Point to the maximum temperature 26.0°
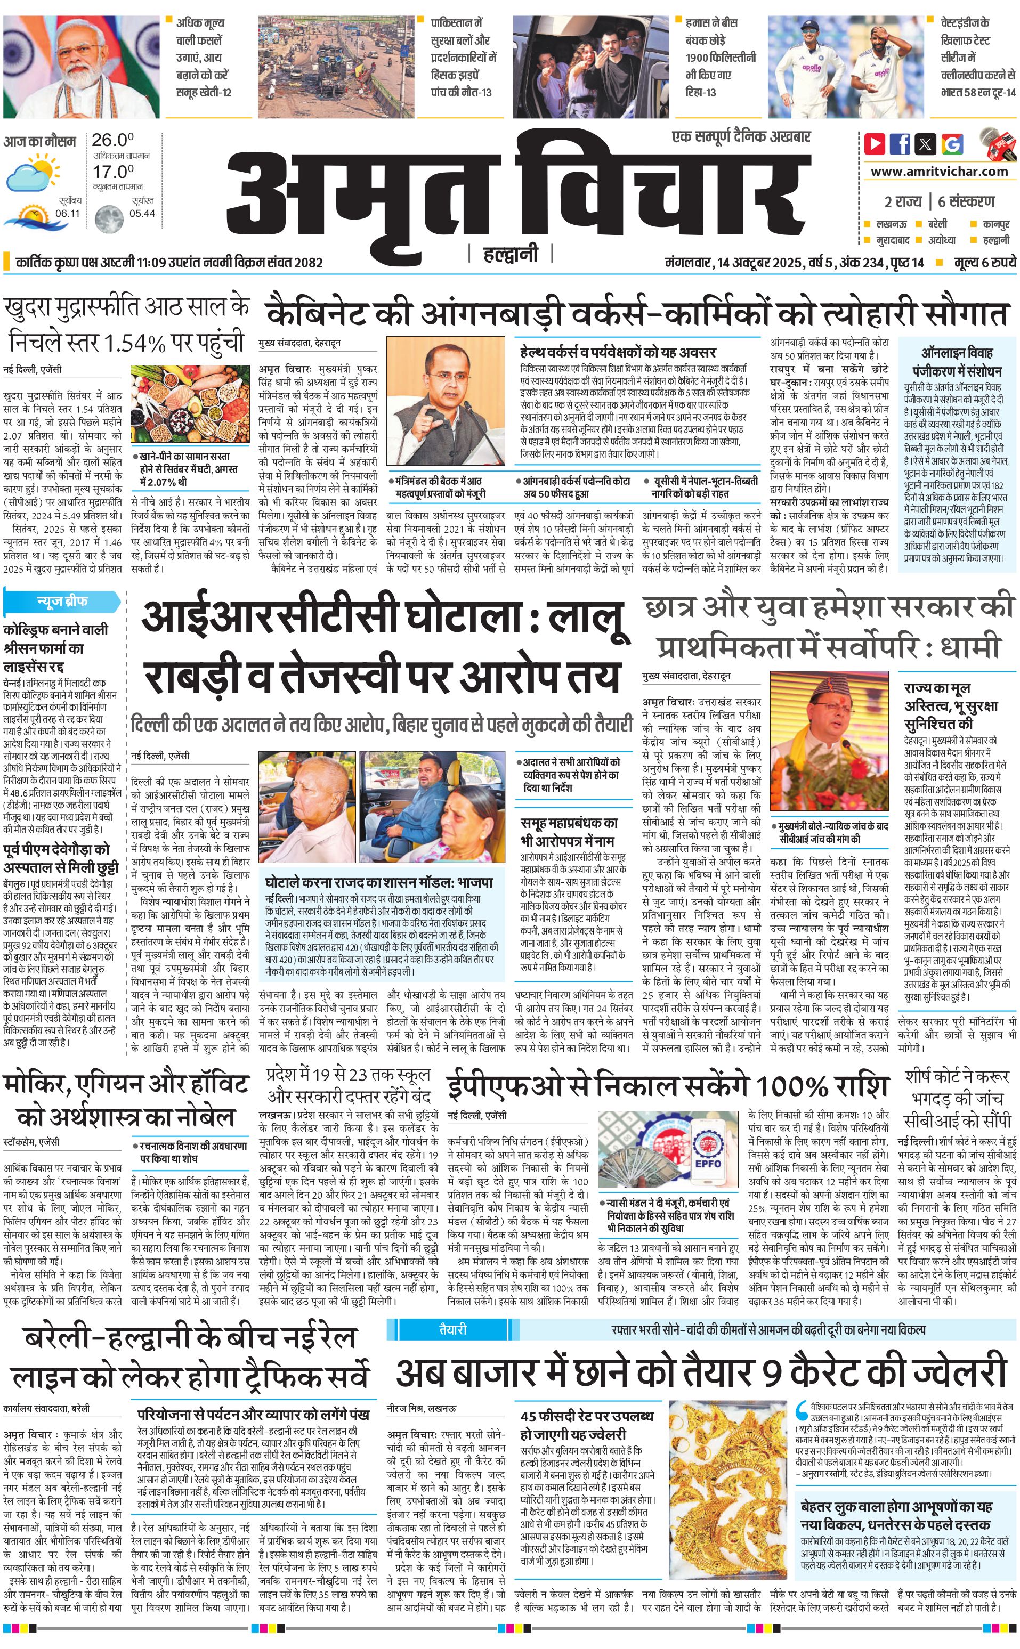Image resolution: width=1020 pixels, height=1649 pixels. click(112, 140)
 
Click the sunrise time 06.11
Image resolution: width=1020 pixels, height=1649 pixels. click(68, 214)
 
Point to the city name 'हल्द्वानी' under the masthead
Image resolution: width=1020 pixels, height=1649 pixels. click(511, 254)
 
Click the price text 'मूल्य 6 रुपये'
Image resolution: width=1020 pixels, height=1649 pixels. click(984, 262)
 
